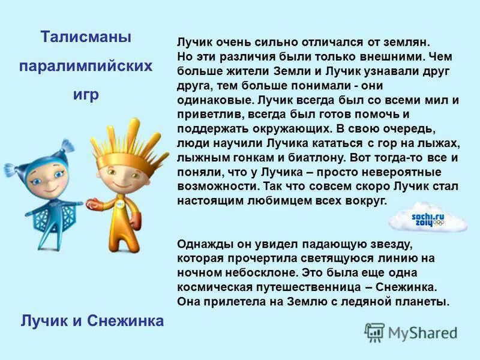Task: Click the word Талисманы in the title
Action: (86, 37)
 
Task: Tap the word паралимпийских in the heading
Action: (86, 66)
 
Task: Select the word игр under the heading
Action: (86, 94)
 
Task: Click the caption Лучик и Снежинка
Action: (92, 321)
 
